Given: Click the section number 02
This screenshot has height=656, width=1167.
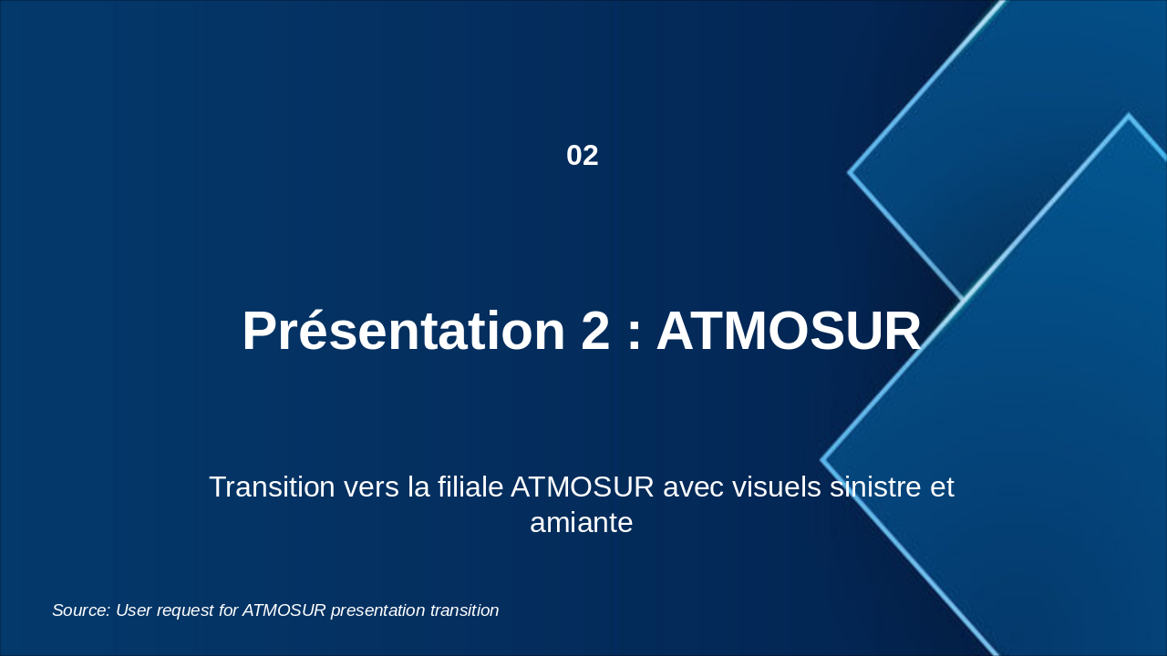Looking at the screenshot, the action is point(582,156).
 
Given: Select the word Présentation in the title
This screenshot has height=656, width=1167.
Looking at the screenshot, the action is point(404,331).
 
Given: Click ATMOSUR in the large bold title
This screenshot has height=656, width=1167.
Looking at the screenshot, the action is point(789,331).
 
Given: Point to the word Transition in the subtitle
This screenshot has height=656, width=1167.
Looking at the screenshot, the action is point(272,487).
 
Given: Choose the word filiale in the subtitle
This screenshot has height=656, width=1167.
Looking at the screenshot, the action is point(470,487).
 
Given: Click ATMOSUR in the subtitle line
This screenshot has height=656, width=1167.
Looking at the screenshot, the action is point(583,487).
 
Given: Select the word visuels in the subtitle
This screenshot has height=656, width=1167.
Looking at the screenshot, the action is point(777,487).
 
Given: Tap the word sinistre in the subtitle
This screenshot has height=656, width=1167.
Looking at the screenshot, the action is point(875,487).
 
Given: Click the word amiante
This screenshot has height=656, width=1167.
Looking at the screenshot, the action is point(582,523).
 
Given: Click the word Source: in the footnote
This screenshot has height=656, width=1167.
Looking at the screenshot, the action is point(81,610).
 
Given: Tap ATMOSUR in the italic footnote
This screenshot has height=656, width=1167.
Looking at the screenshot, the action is point(284,610).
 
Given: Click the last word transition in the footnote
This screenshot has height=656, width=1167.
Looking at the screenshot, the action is point(465,610).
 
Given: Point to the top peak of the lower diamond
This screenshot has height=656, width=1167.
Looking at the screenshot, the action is point(1129,115).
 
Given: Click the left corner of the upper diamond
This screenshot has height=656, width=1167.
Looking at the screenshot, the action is point(849,172).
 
